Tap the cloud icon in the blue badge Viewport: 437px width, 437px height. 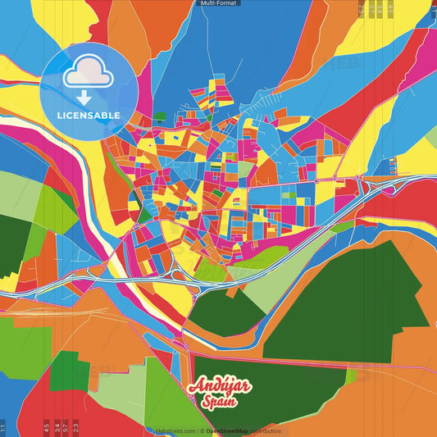point(84,75)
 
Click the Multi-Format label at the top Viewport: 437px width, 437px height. point(218,3)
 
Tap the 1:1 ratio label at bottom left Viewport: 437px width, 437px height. point(3,427)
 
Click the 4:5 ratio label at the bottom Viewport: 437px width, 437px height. point(47,427)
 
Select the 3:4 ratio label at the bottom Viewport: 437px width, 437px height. point(57,427)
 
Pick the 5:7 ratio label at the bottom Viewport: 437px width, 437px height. point(66,427)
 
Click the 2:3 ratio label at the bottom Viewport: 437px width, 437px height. point(75,427)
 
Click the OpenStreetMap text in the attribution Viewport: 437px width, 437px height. point(226,430)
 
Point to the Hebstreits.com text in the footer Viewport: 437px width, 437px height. point(175,430)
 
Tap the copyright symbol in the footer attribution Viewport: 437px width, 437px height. point(201,430)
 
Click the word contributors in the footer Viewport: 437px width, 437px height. point(264,430)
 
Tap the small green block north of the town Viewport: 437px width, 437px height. point(161,116)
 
